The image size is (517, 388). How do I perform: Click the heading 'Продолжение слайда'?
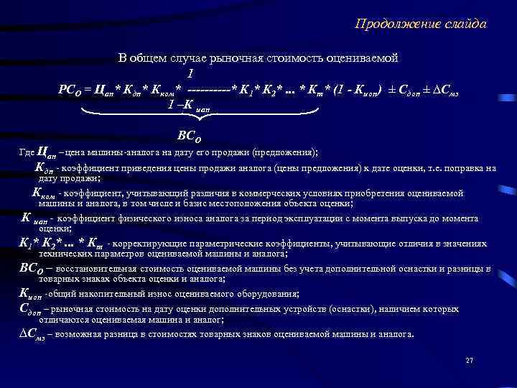[x=421, y=24]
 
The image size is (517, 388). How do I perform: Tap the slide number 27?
[x=470, y=360]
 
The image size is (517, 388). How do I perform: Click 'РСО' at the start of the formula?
[x=71, y=91]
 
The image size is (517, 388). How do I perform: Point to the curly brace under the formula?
[x=199, y=115]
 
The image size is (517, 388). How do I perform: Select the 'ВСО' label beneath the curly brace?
[x=190, y=136]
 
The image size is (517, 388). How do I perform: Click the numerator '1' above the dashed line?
[x=190, y=74]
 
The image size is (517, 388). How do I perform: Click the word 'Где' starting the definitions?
[x=24, y=153]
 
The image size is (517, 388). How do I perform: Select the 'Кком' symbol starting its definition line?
[x=44, y=193]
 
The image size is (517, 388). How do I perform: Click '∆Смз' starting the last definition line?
[x=33, y=333]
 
